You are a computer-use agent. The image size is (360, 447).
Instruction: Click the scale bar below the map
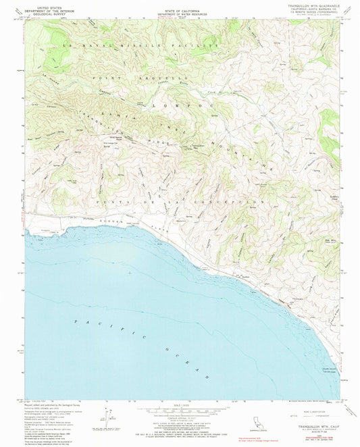coord(180,411)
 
